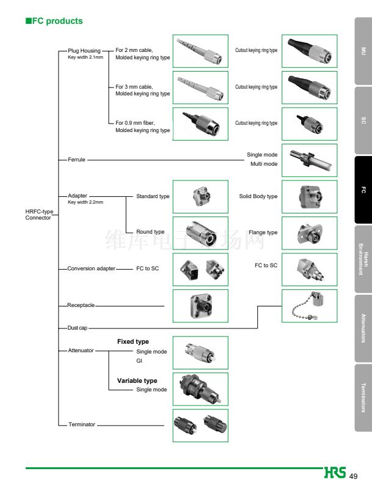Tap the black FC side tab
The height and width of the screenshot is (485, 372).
[363, 190]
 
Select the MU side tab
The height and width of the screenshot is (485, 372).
[363, 51]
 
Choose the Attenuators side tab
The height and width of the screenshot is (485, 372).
[363, 328]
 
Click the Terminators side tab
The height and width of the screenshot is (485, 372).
[363, 398]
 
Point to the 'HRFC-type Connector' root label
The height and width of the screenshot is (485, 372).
[38, 215]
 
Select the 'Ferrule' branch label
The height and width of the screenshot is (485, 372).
[76, 160]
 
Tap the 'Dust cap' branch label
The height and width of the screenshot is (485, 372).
[77, 328]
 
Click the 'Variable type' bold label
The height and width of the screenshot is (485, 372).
[137, 380]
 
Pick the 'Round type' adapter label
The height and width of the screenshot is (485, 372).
[150, 232]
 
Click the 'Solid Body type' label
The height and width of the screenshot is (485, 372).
[258, 196]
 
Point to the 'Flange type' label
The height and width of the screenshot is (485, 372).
[263, 232]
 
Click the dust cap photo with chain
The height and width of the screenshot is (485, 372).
[309, 306]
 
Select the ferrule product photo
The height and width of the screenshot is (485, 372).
[309, 160]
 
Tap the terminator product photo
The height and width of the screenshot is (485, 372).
[200, 425]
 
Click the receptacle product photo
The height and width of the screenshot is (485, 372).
[200, 306]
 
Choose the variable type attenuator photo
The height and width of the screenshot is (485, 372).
[200, 389]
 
